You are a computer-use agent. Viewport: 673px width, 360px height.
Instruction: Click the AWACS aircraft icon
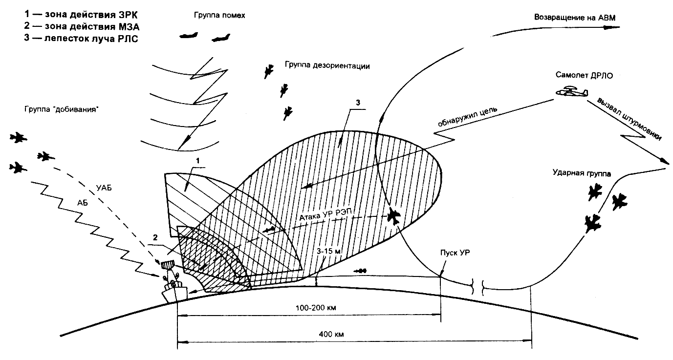(571, 91)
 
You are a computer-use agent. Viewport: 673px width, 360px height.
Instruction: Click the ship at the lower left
(175, 288)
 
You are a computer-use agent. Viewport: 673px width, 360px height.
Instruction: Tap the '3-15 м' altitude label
(329, 251)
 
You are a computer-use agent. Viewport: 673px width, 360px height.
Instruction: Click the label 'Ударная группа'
(577, 172)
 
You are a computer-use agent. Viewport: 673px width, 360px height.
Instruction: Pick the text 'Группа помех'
(219, 16)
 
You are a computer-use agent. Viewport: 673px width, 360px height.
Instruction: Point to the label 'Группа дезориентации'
(326, 64)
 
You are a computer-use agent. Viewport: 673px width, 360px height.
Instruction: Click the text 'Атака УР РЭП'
(325, 213)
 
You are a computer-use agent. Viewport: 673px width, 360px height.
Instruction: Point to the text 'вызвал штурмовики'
(630, 120)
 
